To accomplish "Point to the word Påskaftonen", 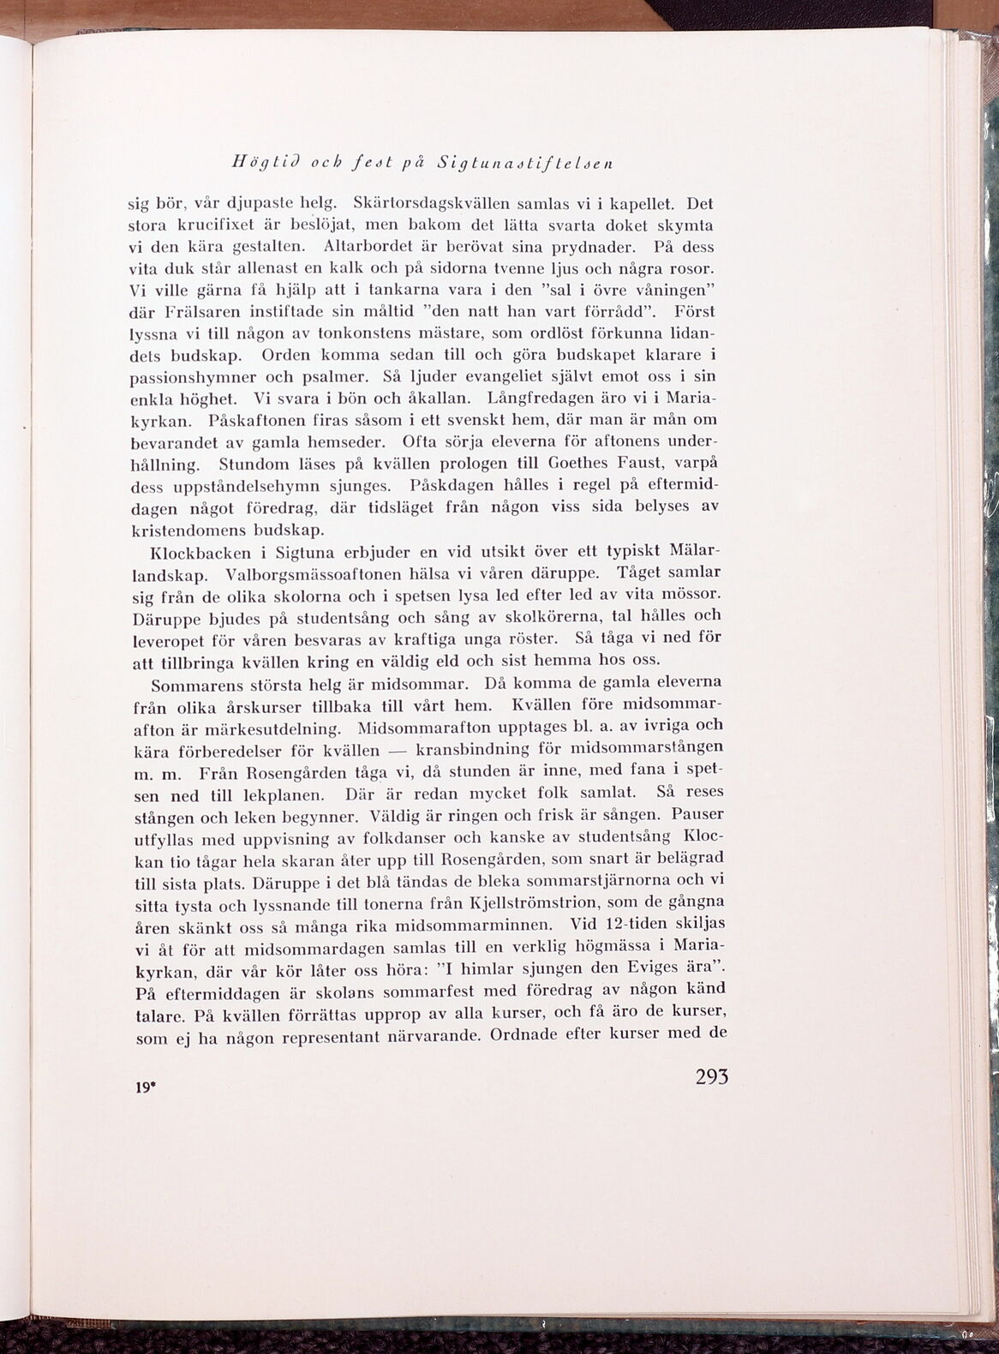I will (248, 420).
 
